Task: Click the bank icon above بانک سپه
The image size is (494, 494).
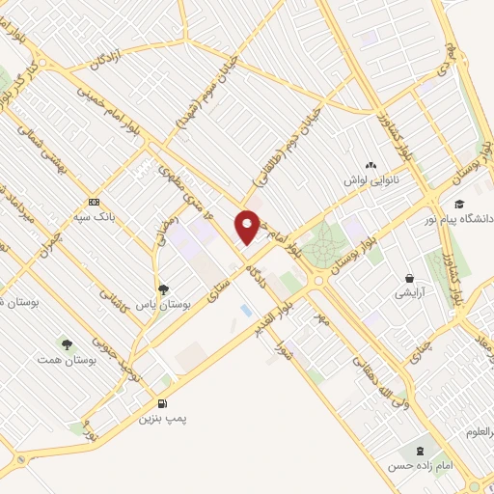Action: coord(94,202)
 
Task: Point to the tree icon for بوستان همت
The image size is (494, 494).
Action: coord(67,343)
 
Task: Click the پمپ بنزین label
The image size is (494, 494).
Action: coord(160,418)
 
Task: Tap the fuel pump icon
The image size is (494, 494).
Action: coord(160,403)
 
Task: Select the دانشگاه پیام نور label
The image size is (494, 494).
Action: coord(459,219)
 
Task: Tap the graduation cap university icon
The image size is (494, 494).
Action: coord(460,204)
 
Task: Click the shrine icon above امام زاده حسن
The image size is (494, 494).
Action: coord(419,451)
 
